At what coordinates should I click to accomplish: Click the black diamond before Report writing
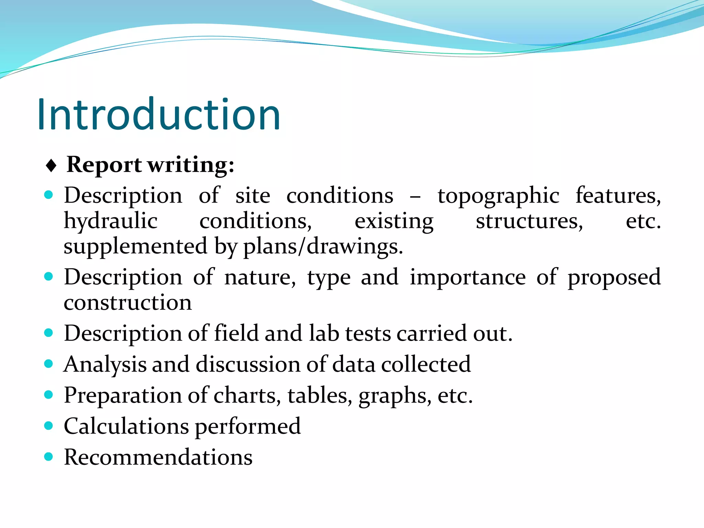tap(51, 166)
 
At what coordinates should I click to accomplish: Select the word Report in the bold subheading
tap(104, 165)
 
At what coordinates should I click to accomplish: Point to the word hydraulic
tap(111, 221)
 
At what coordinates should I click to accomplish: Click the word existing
tap(394, 222)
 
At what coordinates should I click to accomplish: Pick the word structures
tap(529, 221)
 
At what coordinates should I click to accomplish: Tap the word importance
tap(467, 277)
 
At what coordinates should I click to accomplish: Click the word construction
tap(128, 303)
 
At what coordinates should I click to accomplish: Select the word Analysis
tap(105, 364)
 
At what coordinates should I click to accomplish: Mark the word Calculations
tap(126, 426)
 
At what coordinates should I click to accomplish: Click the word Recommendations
tap(158, 457)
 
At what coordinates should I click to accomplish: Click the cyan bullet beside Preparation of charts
tap(49, 395)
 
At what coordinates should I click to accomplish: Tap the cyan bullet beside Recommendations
tap(49, 456)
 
